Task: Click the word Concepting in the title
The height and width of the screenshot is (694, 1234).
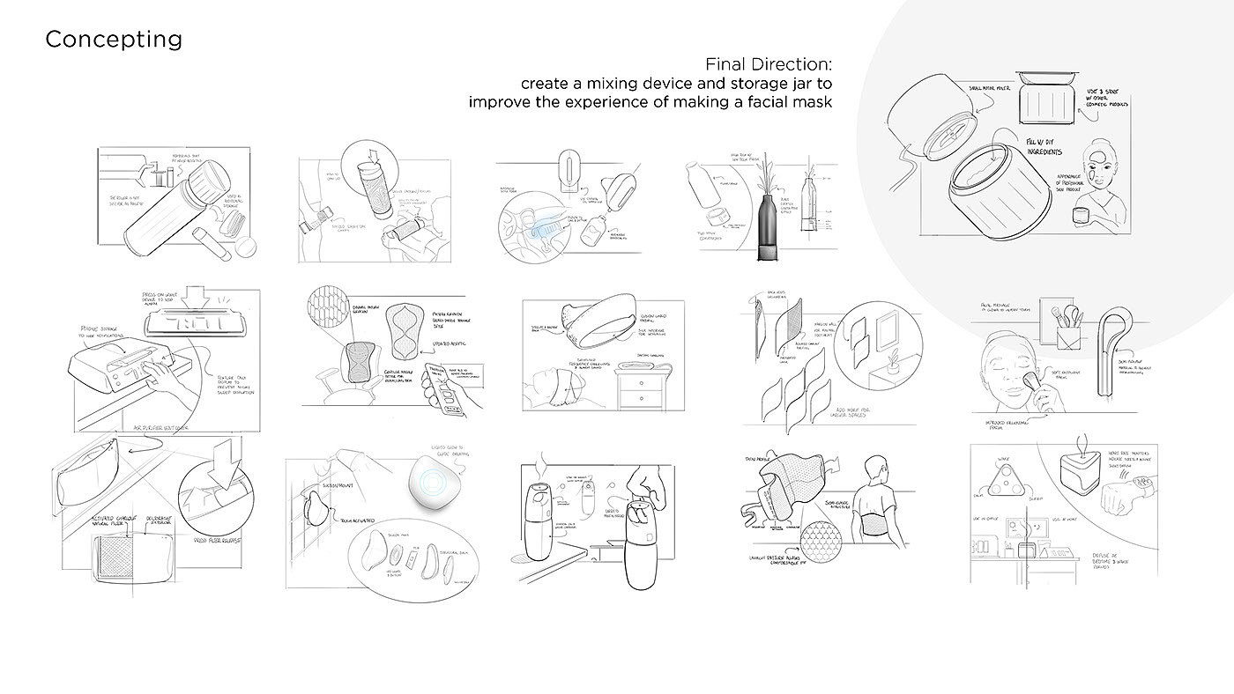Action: [x=114, y=40]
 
